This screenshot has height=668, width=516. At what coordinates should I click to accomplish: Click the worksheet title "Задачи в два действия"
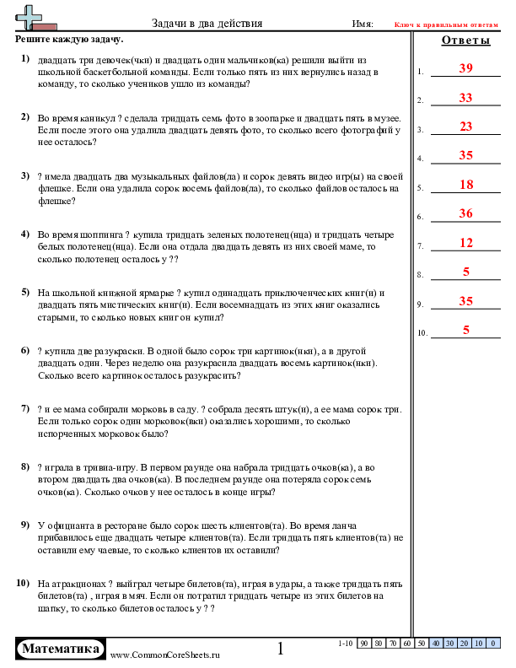pyautogui.click(x=207, y=24)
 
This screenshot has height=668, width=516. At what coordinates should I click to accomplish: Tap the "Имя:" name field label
pyautogui.click(x=362, y=24)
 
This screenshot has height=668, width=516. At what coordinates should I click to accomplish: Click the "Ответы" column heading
pyautogui.click(x=465, y=40)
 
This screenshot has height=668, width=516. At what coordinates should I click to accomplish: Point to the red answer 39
pyautogui.click(x=465, y=68)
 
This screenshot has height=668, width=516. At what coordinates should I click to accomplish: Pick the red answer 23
pyautogui.click(x=465, y=127)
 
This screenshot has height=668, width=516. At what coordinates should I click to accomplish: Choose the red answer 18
pyautogui.click(x=465, y=185)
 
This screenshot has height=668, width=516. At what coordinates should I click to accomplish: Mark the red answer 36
pyautogui.click(x=465, y=213)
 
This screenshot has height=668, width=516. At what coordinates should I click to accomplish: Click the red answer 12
pyautogui.click(x=465, y=243)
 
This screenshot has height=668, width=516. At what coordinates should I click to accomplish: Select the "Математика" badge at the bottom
pyautogui.click(x=61, y=649)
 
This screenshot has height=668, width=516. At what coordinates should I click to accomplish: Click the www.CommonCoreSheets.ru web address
pyautogui.click(x=164, y=655)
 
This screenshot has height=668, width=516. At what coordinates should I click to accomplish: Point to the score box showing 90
pyautogui.click(x=364, y=644)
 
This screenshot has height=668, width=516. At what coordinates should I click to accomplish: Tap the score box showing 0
pyautogui.click(x=479, y=644)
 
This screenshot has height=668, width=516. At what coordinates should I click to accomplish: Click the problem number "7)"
pyautogui.click(x=25, y=407)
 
